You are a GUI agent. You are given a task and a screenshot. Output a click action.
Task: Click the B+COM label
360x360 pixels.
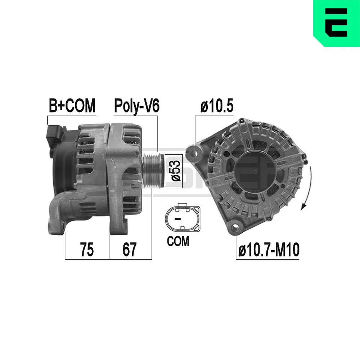point(72,105)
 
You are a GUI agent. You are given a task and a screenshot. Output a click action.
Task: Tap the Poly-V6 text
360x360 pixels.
point(136,106)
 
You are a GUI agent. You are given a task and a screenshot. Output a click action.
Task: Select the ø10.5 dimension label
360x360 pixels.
point(217,106)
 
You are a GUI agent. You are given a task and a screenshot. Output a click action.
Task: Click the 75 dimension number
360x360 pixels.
point(87,249)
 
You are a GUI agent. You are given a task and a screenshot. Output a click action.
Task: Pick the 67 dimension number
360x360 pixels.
point(130,249)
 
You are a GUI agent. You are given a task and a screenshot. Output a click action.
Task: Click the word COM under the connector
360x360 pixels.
point(178,241)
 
